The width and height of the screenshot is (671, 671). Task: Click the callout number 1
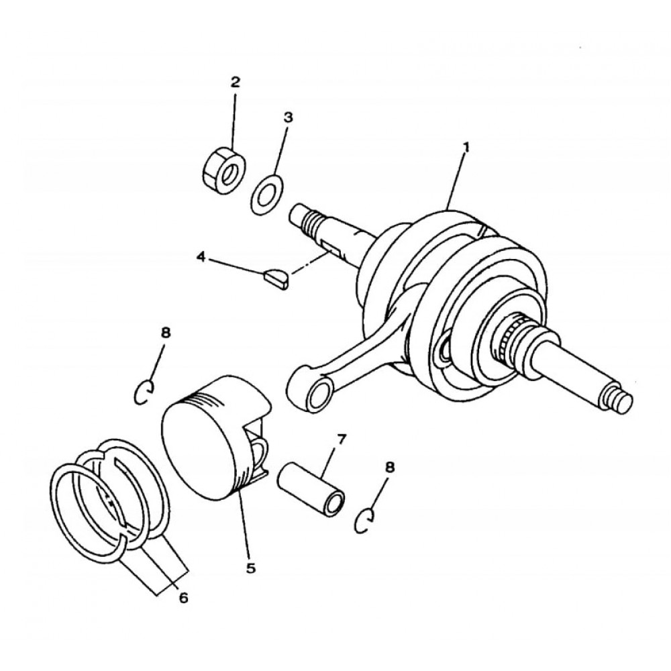coord(466,148)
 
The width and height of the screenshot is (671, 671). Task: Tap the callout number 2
coord(236,82)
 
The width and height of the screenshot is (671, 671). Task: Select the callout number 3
coord(289,117)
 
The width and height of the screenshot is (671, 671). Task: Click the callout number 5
coord(251,568)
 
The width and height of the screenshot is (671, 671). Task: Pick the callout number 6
coord(183,597)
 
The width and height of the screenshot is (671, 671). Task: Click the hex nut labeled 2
coord(223,170)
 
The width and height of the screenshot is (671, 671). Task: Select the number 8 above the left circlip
coord(166,333)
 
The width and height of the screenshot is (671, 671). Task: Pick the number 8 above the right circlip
coord(389,467)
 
